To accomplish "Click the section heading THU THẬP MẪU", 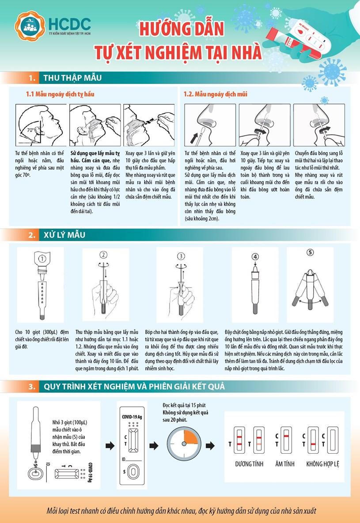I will click(72, 78).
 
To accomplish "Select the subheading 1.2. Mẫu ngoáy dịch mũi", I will click(215, 95).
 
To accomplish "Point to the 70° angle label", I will click(30, 130).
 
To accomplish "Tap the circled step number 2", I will click(103, 254).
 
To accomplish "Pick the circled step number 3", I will click(181, 256).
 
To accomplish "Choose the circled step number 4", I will click(255, 256).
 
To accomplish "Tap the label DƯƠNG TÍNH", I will click(249, 464).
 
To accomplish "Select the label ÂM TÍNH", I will click(285, 464).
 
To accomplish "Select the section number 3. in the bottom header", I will click(32, 387).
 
